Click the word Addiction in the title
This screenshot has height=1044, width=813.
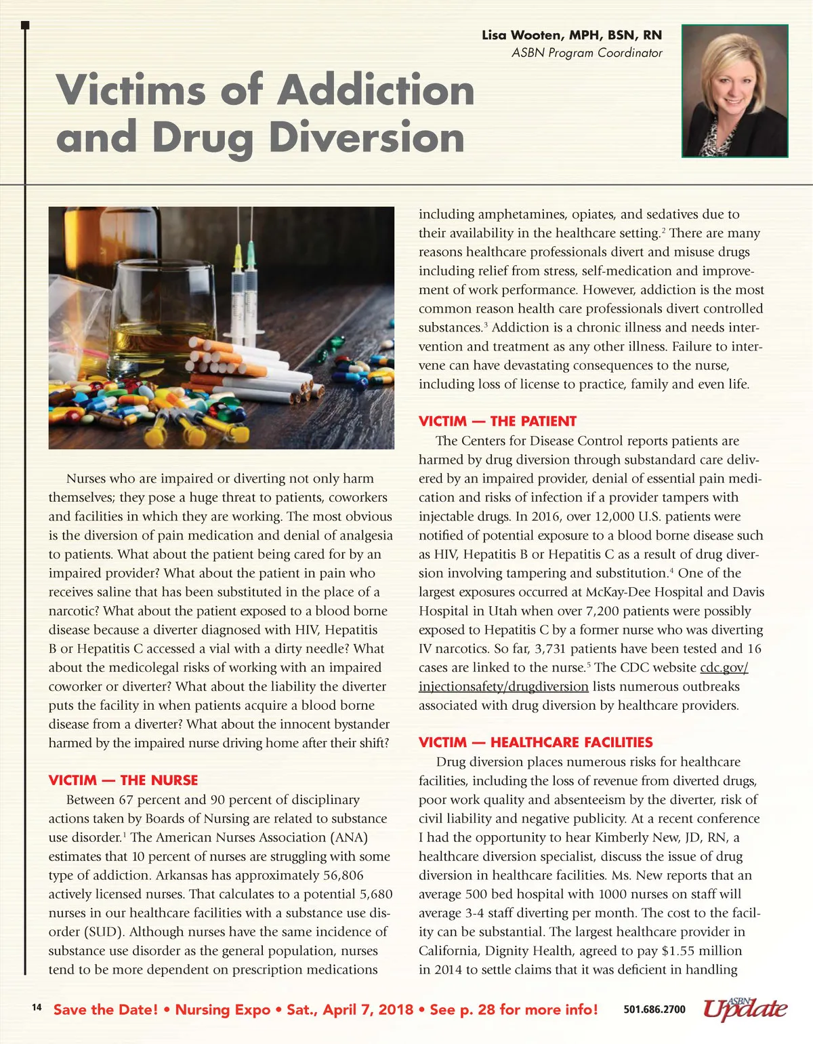(376, 90)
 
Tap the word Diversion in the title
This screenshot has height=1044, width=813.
(367, 138)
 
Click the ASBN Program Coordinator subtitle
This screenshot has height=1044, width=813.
(587, 53)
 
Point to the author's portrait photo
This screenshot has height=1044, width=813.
(734, 91)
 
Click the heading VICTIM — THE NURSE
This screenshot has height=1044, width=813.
(123, 780)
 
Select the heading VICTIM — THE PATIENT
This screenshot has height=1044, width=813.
(497, 421)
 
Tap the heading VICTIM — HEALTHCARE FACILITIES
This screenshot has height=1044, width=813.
(535, 742)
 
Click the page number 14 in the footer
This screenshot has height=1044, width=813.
(37, 1007)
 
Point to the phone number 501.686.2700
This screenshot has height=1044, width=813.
(654, 1009)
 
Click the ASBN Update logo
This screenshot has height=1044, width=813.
(745, 1008)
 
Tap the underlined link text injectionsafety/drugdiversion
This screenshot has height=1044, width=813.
(503, 687)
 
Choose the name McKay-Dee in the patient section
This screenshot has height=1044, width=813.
(615, 592)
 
